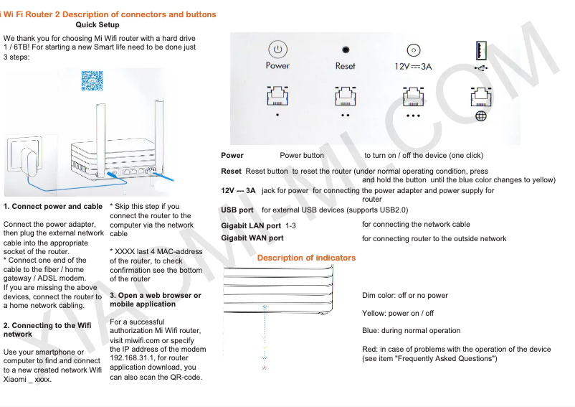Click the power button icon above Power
click(277, 50)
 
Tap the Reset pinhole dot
click(346, 50)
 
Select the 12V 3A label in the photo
click(414, 66)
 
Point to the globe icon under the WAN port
click(481, 116)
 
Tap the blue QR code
click(92, 80)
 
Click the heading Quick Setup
click(98, 24)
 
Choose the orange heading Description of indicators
click(306, 258)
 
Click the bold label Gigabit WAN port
click(252, 238)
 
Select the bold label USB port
click(237, 210)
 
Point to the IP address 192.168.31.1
click(138, 358)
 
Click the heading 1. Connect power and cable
click(53, 207)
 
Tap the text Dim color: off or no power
click(405, 295)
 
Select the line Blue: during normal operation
click(412, 331)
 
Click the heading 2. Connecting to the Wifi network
click(47, 329)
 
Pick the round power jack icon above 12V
click(413, 50)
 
